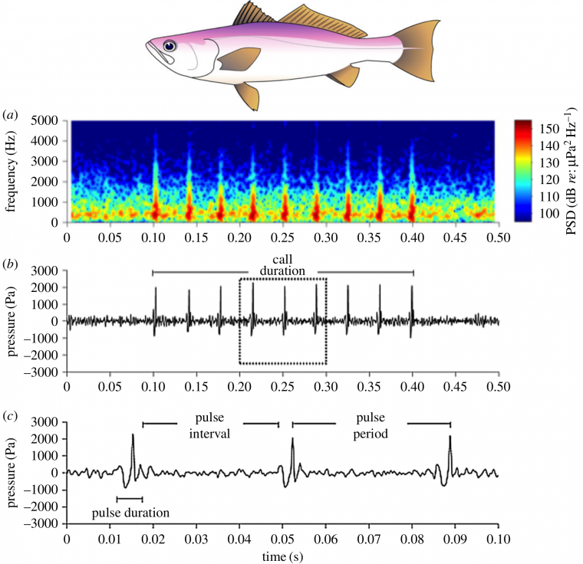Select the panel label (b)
(x=12, y=264)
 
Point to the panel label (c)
(x=12, y=417)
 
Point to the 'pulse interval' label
(x=211, y=428)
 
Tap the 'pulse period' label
(x=371, y=428)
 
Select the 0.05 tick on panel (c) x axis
(x=283, y=539)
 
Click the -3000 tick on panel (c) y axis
(x=44, y=524)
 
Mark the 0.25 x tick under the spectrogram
(x=283, y=236)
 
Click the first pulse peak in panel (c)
(x=133, y=435)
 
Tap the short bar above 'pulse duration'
(x=130, y=499)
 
